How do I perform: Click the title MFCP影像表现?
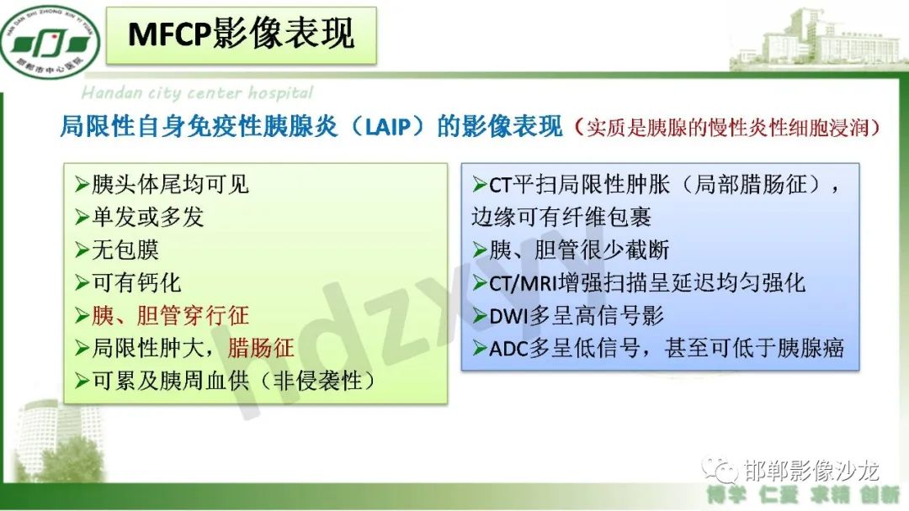click(x=241, y=34)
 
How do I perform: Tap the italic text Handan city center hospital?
click(x=197, y=92)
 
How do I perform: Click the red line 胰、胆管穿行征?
click(x=169, y=315)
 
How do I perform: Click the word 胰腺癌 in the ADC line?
click(x=812, y=348)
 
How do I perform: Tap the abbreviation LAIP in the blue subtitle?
click(x=384, y=127)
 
